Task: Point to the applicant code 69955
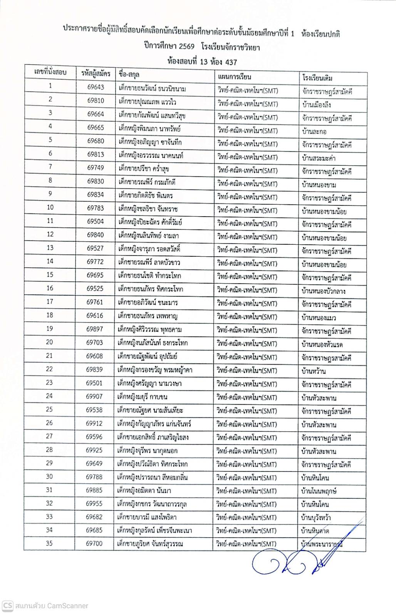click(94, 503)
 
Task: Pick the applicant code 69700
click(94, 543)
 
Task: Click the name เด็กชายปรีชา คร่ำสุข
click(144, 168)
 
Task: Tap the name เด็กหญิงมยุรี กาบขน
click(143, 397)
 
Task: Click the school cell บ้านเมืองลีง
click(317, 105)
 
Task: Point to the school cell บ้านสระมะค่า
click(319, 158)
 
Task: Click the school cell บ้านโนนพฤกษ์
click(319, 491)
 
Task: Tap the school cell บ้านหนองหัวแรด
click(322, 344)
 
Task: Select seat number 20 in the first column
click(50, 342)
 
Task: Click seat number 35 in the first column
click(49, 543)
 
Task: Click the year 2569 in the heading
click(186, 48)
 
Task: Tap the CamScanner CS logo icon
click(7, 605)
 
